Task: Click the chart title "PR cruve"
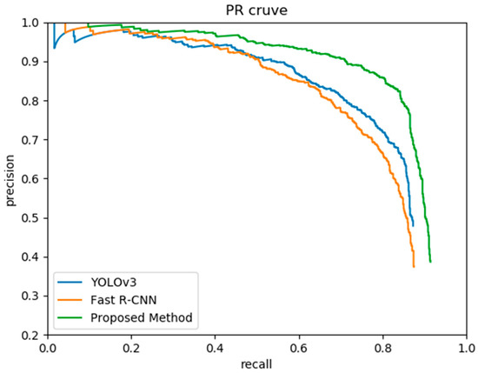pos(258,9)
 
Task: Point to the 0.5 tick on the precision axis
pos(31,217)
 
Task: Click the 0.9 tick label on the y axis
pos(31,62)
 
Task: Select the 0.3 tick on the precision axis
pos(31,296)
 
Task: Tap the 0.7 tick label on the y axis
pos(31,140)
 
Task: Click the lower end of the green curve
pos(430,262)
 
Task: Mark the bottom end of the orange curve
pos(414,266)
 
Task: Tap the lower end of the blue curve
pos(413,226)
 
